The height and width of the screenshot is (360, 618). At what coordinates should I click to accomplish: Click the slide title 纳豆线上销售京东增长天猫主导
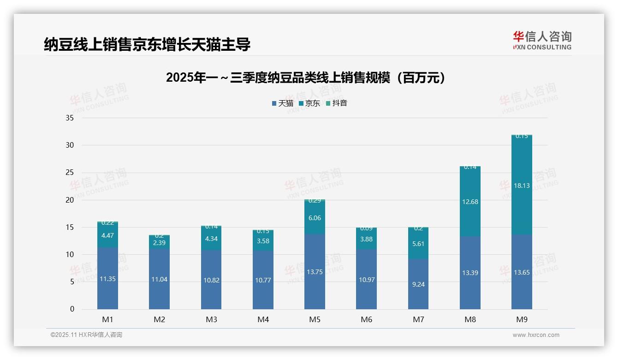pyautogui.click(x=147, y=45)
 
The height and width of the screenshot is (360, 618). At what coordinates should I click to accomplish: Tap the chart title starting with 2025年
pyautogui.click(x=306, y=78)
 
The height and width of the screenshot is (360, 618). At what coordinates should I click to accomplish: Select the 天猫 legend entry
pyautogui.click(x=283, y=103)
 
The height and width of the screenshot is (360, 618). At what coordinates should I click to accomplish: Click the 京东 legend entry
pyautogui.click(x=309, y=103)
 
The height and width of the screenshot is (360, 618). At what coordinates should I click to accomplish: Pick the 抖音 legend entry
pyautogui.click(x=337, y=103)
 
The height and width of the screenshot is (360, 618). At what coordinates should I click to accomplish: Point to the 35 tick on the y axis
pyautogui.click(x=70, y=118)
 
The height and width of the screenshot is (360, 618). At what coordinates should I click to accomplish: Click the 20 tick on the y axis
pyautogui.click(x=70, y=200)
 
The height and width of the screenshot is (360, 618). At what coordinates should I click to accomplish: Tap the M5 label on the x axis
pyautogui.click(x=315, y=319)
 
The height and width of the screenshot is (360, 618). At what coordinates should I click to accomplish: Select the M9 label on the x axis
pyautogui.click(x=522, y=319)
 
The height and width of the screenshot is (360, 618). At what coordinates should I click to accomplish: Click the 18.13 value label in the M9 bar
pyautogui.click(x=522, y=186)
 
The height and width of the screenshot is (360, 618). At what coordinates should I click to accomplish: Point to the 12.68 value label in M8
pyautogui.click(x=470, y=201)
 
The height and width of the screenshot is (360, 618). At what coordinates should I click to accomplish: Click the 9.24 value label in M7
pyautogui.click(x=418, y=284)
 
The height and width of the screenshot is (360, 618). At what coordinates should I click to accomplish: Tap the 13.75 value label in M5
pyautogui.click(x=315, y=272)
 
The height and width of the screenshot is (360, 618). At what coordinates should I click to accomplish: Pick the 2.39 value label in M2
pyautogui.click(x=159, y=243)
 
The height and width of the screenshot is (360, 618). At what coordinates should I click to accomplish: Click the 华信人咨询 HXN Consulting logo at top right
pyautogui.click(x=542, y=41)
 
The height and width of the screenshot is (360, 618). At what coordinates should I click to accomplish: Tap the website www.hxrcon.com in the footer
pyautogui.click(x=536, y=335)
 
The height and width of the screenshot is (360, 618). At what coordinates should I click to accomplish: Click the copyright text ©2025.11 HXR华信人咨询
pyautogui.click(x=86, y=335)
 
